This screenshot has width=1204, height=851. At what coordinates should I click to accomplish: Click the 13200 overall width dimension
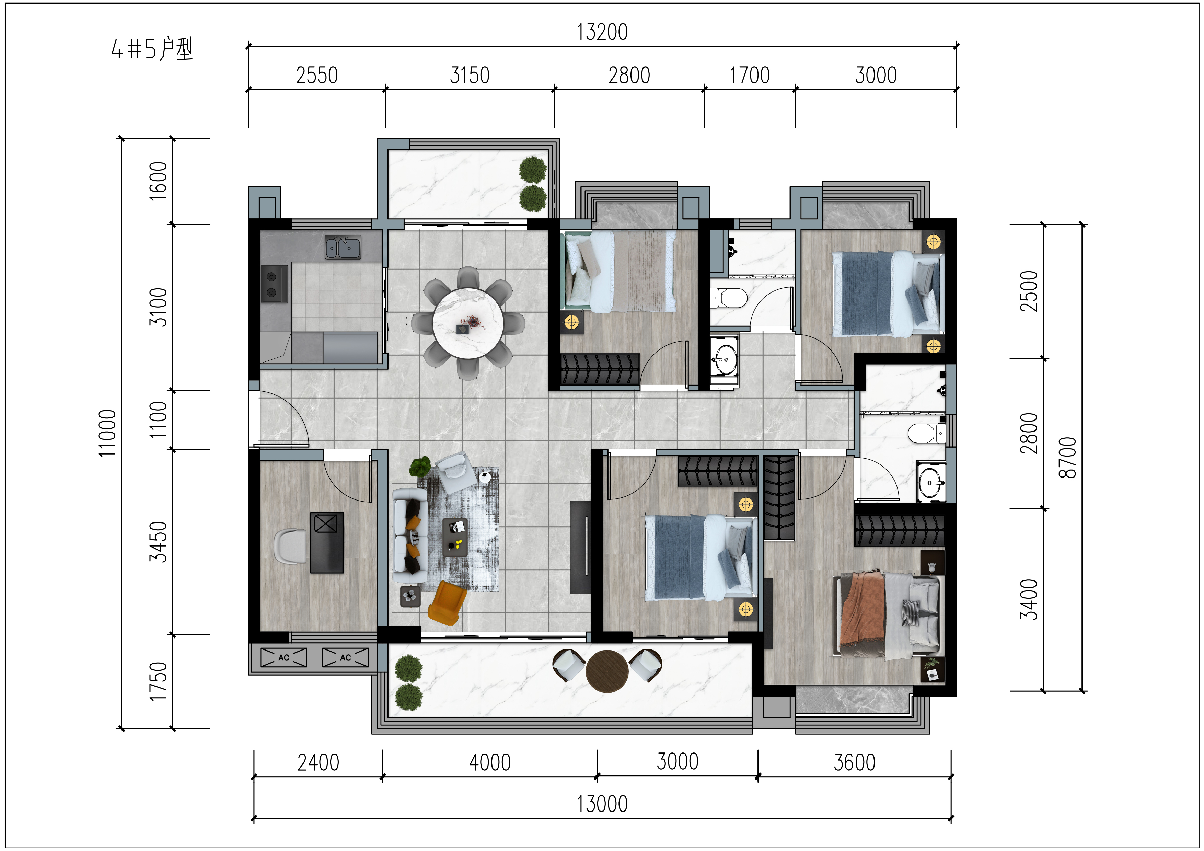(x=602, y=32)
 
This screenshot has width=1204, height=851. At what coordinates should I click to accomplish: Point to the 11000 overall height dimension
(x=107, y=433)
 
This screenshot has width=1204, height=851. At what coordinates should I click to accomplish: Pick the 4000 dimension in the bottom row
(x=490, y=762)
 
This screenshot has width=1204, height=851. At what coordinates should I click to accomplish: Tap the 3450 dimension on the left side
(x=158, y=542)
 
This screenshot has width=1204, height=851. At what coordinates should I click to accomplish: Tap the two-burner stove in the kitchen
(x=274, y=284)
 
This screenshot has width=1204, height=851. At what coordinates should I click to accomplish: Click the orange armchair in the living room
(x=447, y=603)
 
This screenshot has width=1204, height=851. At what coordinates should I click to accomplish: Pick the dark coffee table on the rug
(x=455, y=538)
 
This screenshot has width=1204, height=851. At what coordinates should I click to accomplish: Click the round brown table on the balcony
(x=607, y=672)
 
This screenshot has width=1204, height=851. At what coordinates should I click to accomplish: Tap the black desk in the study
(x=327, y=542)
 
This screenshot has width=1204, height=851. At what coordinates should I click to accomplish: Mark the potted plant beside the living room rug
(x=420, y=466)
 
